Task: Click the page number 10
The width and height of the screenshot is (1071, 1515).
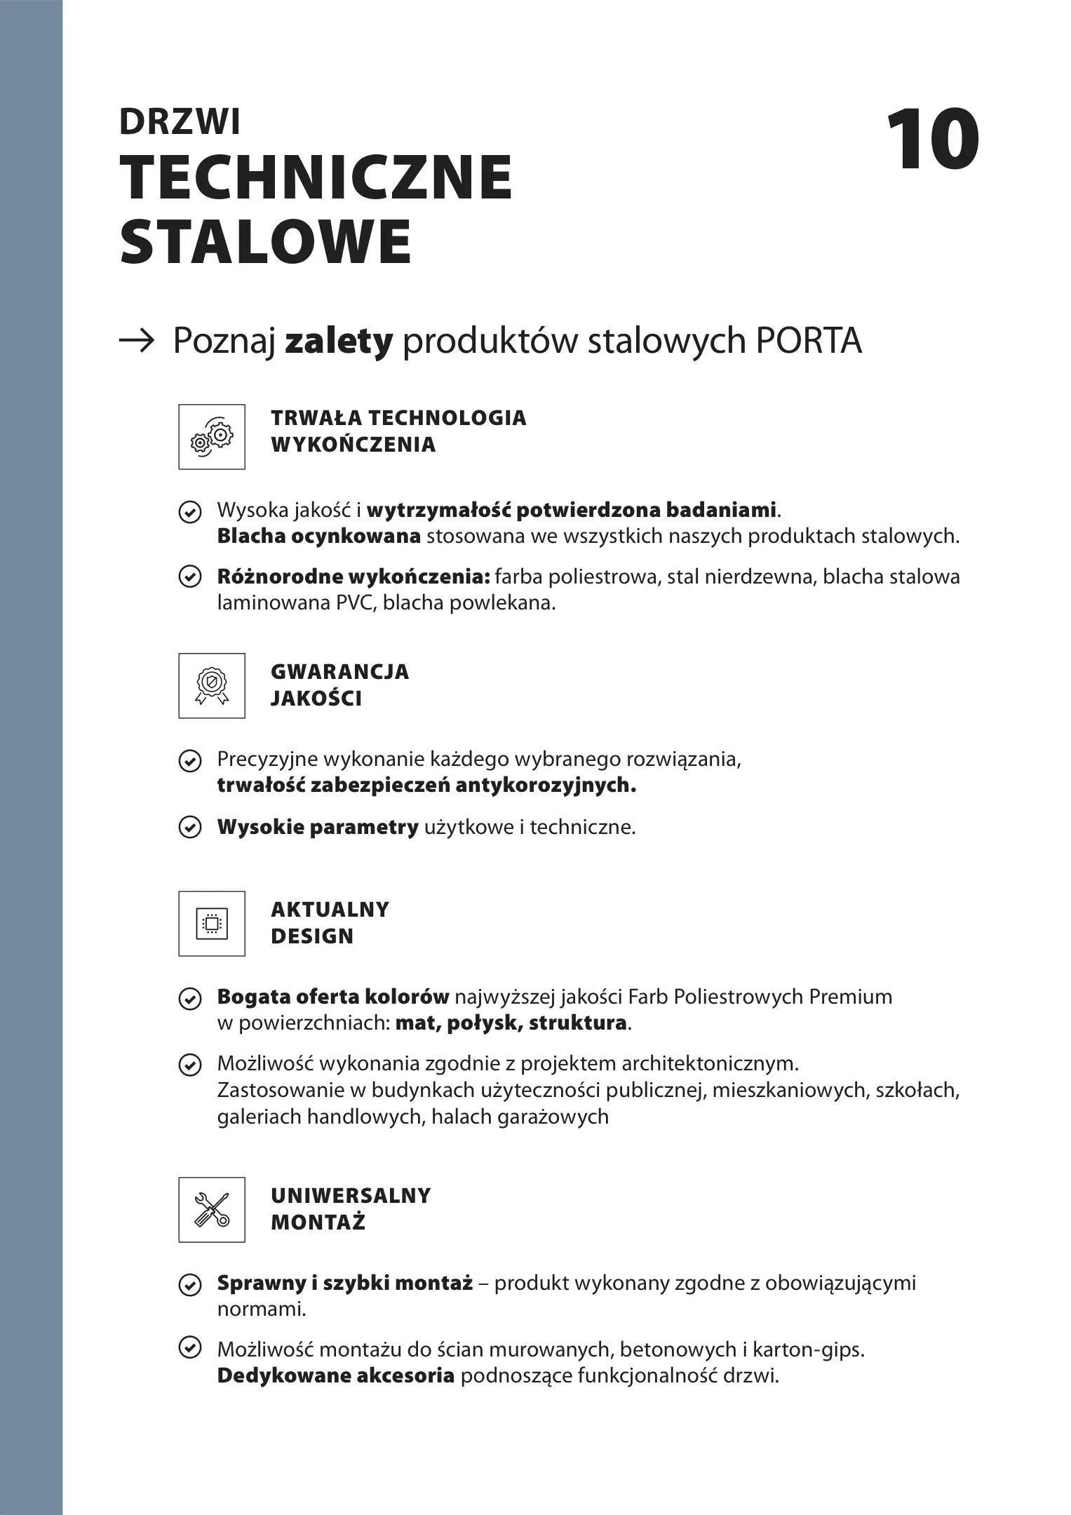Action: pyautogui.click(x=932, y=140)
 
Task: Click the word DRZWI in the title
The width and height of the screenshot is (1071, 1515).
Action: pyautogui.click(x=180, y=122)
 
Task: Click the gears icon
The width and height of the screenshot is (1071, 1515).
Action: pyautogui.click(x=212, y=437)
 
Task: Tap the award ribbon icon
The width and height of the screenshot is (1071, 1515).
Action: pyautogui.click(x=212, y=686)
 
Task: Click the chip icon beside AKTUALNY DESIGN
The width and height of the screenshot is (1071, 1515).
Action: pyautogui.click(x=212, y=924)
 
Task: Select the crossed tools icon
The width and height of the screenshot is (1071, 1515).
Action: pyautogui.click(x=212, y=1210)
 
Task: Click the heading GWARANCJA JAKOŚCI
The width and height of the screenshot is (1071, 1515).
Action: pyautogui.click(x=339, y=685)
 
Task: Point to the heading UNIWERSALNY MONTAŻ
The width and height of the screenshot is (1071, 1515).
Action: pyautogui.click(x=350, y=1209)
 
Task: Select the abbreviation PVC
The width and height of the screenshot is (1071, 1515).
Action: pyautogui.click(x=357, y=603)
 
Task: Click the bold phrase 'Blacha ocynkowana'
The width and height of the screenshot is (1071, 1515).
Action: pyautogui.click(x=318, y=537)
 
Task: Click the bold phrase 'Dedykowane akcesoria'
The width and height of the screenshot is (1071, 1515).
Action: pyautogui.click(x=336, y=1376)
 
